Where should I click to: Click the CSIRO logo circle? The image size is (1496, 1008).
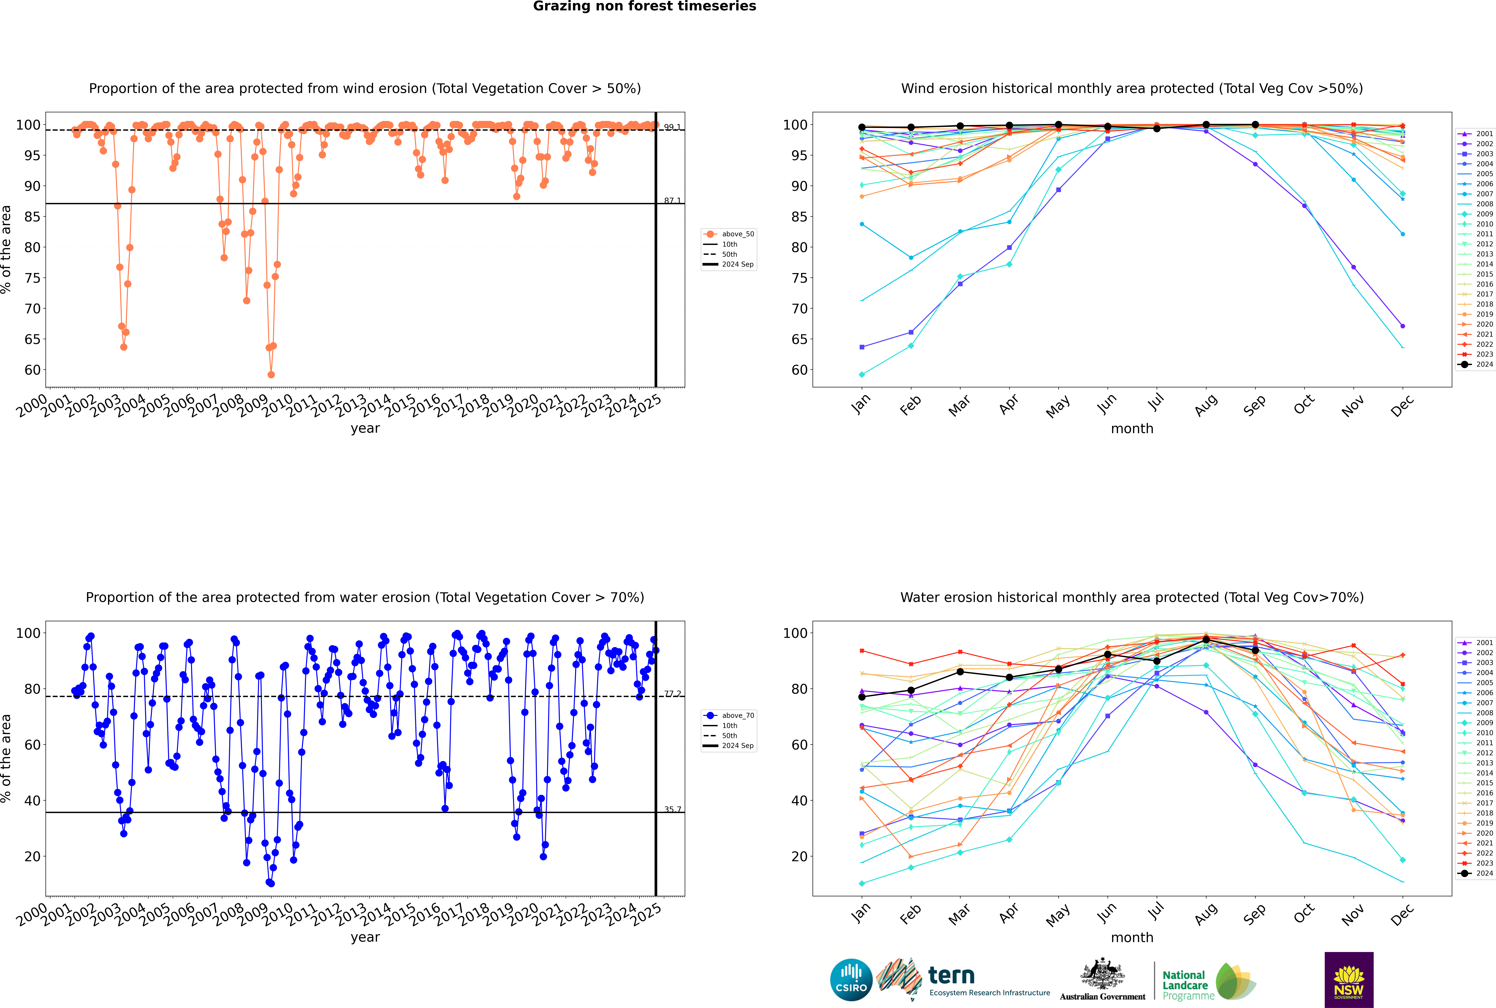coord(851,980)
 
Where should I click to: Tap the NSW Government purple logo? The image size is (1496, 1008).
coord(1349,979)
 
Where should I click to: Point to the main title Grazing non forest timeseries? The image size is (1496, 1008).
coord(644,6)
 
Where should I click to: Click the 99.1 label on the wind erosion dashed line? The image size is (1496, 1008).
coord(672,127)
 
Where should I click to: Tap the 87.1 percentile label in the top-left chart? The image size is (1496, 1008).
coord(672,201)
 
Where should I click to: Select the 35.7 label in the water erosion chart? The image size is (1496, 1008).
coord(672,809)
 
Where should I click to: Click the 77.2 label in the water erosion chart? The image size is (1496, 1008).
coord(672,694)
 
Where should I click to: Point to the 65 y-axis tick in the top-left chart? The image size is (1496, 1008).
coord(32,339)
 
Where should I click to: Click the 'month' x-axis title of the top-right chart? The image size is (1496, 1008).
coord(1132,429)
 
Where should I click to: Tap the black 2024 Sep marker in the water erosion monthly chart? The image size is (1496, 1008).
coord(1255,651)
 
